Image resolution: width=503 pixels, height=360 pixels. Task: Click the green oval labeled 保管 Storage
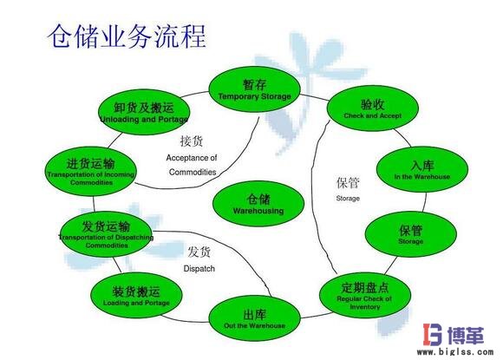411,233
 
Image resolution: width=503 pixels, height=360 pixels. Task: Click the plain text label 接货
192,141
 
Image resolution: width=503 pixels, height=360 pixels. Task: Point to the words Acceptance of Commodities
192,164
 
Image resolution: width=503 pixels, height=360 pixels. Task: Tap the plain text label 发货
199,252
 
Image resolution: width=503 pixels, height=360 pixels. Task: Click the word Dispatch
199,269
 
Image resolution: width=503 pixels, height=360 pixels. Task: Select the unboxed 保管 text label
348,183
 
